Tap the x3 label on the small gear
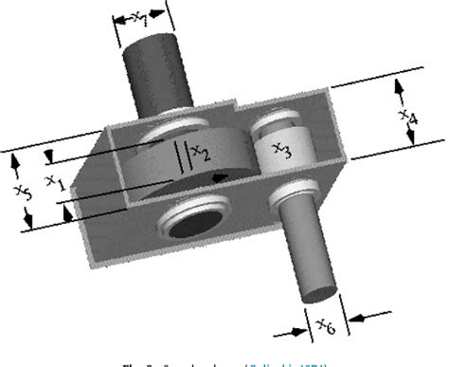[x=281, y=149]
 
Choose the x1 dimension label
[x=55, y=182]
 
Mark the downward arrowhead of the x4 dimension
[x=410, y=144]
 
